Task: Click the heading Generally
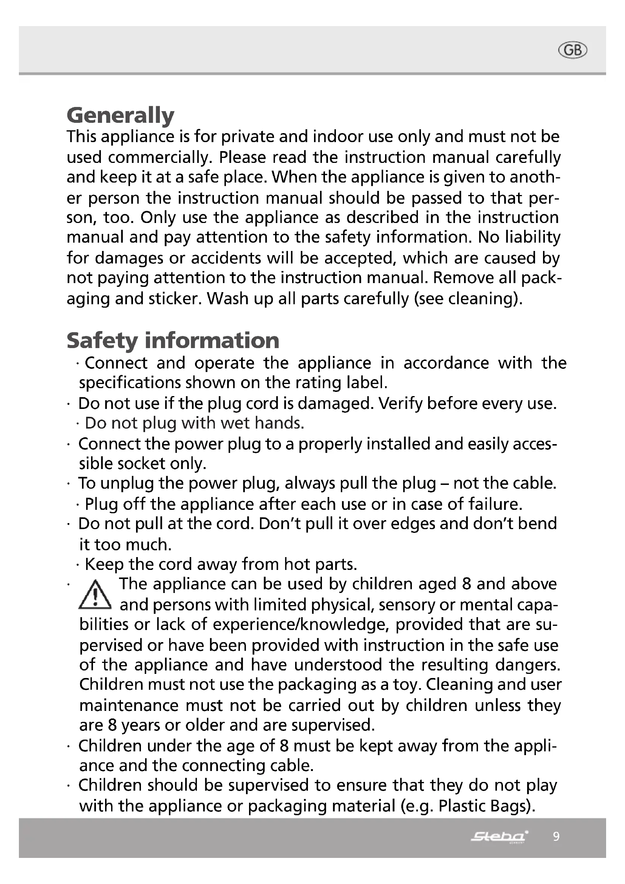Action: coord(121,115)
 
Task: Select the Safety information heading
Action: coord(173,341)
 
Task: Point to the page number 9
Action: coord(556,836)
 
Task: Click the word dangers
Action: coord(527,665)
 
